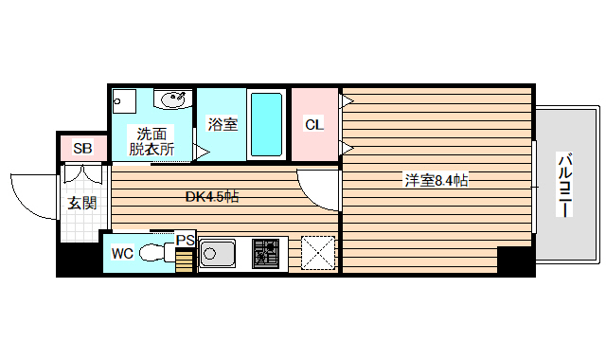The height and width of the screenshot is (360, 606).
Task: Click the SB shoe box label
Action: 83,149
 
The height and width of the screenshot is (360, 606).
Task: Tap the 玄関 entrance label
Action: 82,203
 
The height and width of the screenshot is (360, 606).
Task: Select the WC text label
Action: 122,253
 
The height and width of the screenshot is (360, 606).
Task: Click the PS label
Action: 185,241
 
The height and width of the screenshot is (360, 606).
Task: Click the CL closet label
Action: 313,125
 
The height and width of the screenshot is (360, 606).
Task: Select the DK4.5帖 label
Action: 211,197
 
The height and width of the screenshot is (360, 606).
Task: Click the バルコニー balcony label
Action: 565,185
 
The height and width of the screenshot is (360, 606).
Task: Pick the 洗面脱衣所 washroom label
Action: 152,141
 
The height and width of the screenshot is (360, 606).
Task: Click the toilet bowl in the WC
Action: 151,253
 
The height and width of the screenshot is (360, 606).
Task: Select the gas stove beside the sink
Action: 267,253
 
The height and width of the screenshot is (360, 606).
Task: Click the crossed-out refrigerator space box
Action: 317,252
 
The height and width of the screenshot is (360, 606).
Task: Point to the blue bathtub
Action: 265,125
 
